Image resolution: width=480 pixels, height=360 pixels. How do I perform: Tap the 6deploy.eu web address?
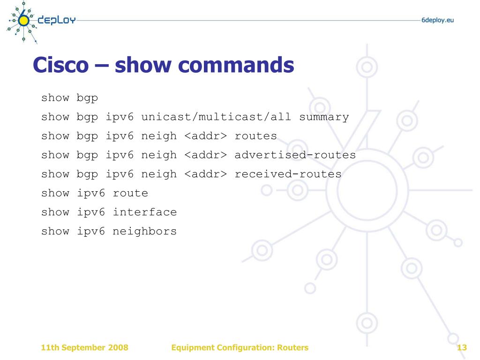(x=437, y=20)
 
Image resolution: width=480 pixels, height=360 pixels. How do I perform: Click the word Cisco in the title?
(x=60, y=65)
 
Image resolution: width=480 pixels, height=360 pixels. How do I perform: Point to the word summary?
(x=324, y=117)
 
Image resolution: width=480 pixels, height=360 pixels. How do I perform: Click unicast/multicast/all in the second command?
(x=216, y=117)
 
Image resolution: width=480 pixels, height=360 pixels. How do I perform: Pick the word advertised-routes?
(x=295, y=155)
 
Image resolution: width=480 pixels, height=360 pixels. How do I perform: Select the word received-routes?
(x=288, y=174)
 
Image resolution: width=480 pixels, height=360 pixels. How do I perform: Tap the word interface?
(x=145, y=212)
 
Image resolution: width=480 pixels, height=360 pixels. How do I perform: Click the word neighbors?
(x=145, y=231)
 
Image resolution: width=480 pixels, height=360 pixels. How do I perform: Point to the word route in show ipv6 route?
(x=130, y=193)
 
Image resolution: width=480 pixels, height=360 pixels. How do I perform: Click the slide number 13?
(x=462, y=347)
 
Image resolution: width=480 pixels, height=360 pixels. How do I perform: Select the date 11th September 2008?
(x=84, y=347)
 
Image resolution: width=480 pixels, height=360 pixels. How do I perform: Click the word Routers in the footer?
(x=292, y=347)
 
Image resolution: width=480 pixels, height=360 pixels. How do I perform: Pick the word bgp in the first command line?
(x=88, y=98)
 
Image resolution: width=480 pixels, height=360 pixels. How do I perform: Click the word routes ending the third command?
(x=255, y=136)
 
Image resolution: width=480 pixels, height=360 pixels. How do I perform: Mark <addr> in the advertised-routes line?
(x=205, y=155)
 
